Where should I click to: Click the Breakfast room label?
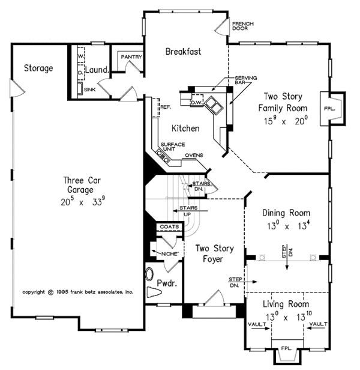(183, 52)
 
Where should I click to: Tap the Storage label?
(38, 68)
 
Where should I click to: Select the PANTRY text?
(131, 57)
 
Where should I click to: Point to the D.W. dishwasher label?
(196, 102)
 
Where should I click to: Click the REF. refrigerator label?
(166, 107)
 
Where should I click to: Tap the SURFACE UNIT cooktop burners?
(163, 156)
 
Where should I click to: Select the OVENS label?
(194, 155)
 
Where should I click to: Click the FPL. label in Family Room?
(329, 109)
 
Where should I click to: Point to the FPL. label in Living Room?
(287, 348)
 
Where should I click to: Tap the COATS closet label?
(169, 227)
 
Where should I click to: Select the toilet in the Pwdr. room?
(154, 293)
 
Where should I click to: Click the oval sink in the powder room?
(149, 274)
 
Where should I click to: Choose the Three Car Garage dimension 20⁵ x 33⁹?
(83, 202)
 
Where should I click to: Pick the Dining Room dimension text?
(288, 226)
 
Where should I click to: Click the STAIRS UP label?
(188, 211)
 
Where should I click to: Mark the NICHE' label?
(170, 254)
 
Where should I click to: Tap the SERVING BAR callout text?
(245, 80)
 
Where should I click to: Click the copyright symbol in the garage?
(50, 293)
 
